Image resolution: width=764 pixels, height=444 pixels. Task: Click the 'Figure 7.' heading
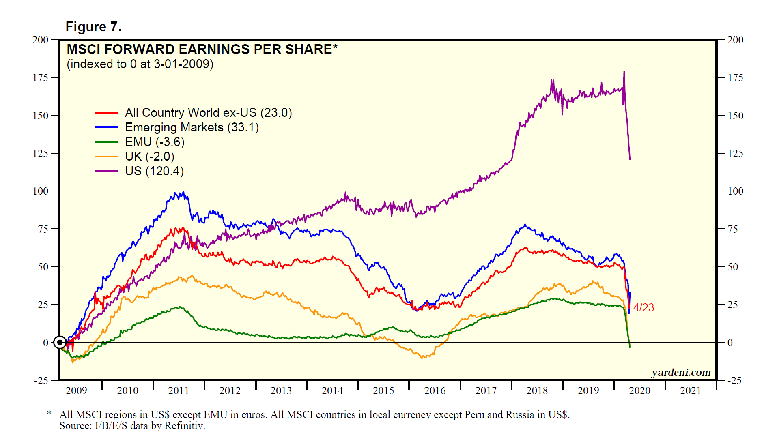click(93, 27)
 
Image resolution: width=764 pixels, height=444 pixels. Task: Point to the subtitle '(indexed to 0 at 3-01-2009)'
click(140, 64)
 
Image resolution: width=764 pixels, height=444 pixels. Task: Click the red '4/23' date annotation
click(643, 307)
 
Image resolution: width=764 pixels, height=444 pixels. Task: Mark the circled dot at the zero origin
click(60, 343)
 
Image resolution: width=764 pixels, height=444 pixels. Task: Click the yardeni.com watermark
click(681, 372)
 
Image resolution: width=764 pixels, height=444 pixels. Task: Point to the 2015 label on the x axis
click(383, 390)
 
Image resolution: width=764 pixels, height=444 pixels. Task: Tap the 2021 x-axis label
click(691, 390)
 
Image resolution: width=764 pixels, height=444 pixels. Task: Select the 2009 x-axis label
click(76, 390)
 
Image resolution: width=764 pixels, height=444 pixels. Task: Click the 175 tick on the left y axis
click(40, 77)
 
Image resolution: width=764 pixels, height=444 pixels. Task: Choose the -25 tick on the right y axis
click(735, 380)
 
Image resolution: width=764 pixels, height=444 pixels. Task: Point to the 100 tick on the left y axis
click(40, 191)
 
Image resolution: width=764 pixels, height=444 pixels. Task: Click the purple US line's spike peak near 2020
click(624, 72)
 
